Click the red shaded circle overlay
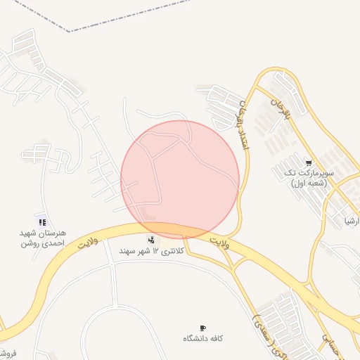(180, 179)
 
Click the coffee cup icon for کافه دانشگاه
(203, 328)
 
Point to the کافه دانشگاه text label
(203, 338)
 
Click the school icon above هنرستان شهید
(43, 222)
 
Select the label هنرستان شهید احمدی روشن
(43, 238)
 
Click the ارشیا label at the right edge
(351, 220)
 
